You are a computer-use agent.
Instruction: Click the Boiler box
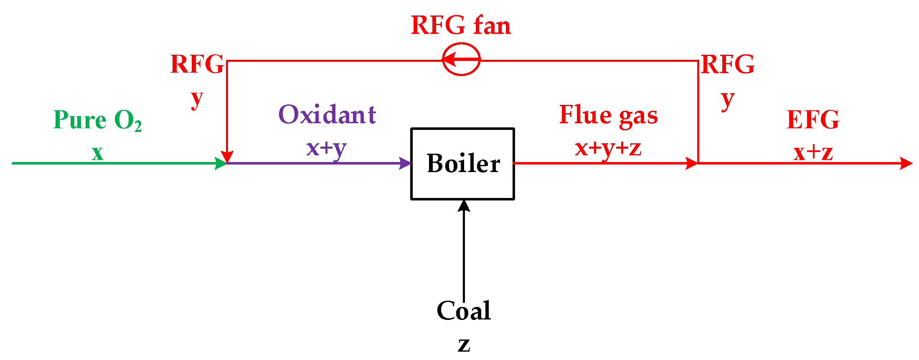[462, 164]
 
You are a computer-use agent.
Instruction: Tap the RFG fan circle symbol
[461, 60]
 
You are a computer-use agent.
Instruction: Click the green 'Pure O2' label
[97, 120]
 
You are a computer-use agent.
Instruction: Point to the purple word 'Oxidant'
[327, 115]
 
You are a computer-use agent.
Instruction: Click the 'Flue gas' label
[608, 115]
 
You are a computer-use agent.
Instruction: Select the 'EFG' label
[813, 120]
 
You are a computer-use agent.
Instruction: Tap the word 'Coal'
[463, 311]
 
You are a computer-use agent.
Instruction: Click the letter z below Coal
[464, 345]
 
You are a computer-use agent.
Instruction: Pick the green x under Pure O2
[97, 153]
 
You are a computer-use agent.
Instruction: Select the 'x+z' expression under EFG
[813, 153]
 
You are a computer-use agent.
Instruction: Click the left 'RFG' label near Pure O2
[197, 64]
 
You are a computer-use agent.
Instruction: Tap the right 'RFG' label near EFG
[728, 64]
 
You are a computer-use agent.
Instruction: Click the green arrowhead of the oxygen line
[221, 163]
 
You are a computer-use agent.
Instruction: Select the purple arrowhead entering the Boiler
[405, 163]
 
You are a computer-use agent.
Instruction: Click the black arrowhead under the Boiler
[464, 205]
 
